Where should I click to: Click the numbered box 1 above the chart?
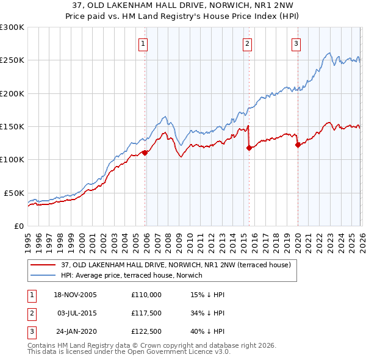142,43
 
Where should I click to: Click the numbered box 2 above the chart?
247,43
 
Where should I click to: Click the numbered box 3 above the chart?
296,43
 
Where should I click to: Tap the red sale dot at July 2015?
249,148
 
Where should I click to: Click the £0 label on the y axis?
18,226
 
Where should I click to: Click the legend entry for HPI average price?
132,275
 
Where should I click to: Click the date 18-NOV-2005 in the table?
75,295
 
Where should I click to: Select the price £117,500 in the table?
146,313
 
